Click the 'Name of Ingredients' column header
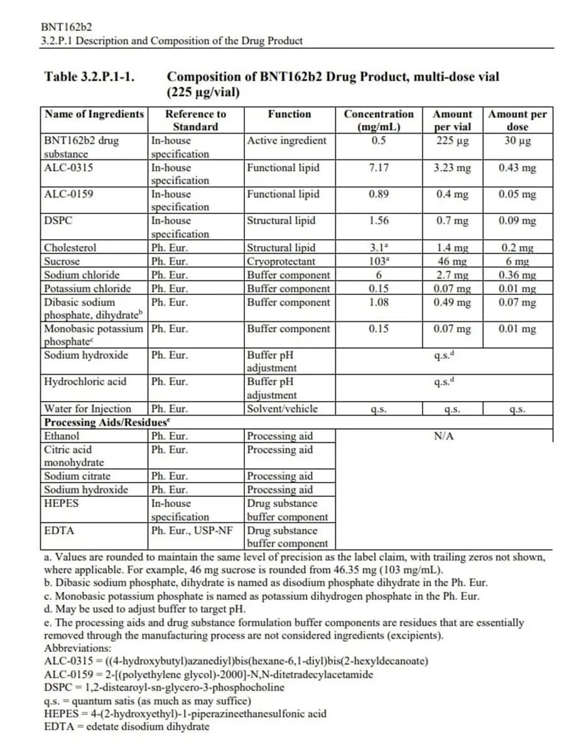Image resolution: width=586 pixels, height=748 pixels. coord(94,114)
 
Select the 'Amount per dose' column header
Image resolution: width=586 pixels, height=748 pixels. coord(518,120)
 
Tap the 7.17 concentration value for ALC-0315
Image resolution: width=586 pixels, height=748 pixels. coord(379,168)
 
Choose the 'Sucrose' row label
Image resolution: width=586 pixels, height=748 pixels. coord(62,262)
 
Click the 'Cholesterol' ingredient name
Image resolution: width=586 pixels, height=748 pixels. coord(70,248)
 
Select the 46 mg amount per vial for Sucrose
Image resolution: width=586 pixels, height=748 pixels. coord(452,262)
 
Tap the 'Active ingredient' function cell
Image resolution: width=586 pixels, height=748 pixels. coord(286,141)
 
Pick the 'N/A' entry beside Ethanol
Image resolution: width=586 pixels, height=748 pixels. coord(443,436)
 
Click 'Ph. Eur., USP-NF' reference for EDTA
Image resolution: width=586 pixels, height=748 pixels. coord(191,531)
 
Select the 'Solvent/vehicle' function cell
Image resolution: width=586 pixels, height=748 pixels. coord(282,409)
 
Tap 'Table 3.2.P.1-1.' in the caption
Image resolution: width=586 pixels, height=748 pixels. coord(90,77)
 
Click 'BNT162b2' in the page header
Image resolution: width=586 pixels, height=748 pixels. coord(67,28)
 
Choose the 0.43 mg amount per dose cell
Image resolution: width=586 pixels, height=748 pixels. coord(518,168)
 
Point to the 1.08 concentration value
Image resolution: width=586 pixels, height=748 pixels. coord(379,302)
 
